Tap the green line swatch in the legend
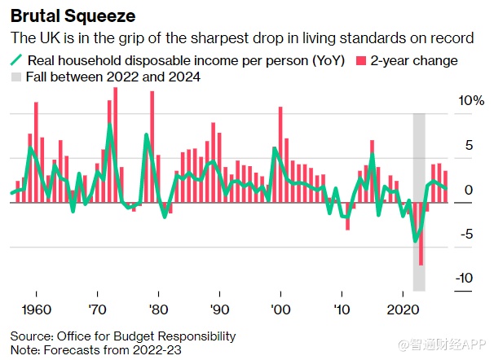17,59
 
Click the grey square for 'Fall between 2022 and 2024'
16,77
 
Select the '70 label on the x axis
98,310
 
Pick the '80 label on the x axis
159,310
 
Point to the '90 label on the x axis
220,310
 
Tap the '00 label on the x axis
281,310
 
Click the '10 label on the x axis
342,310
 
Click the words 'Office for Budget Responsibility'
146,336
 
